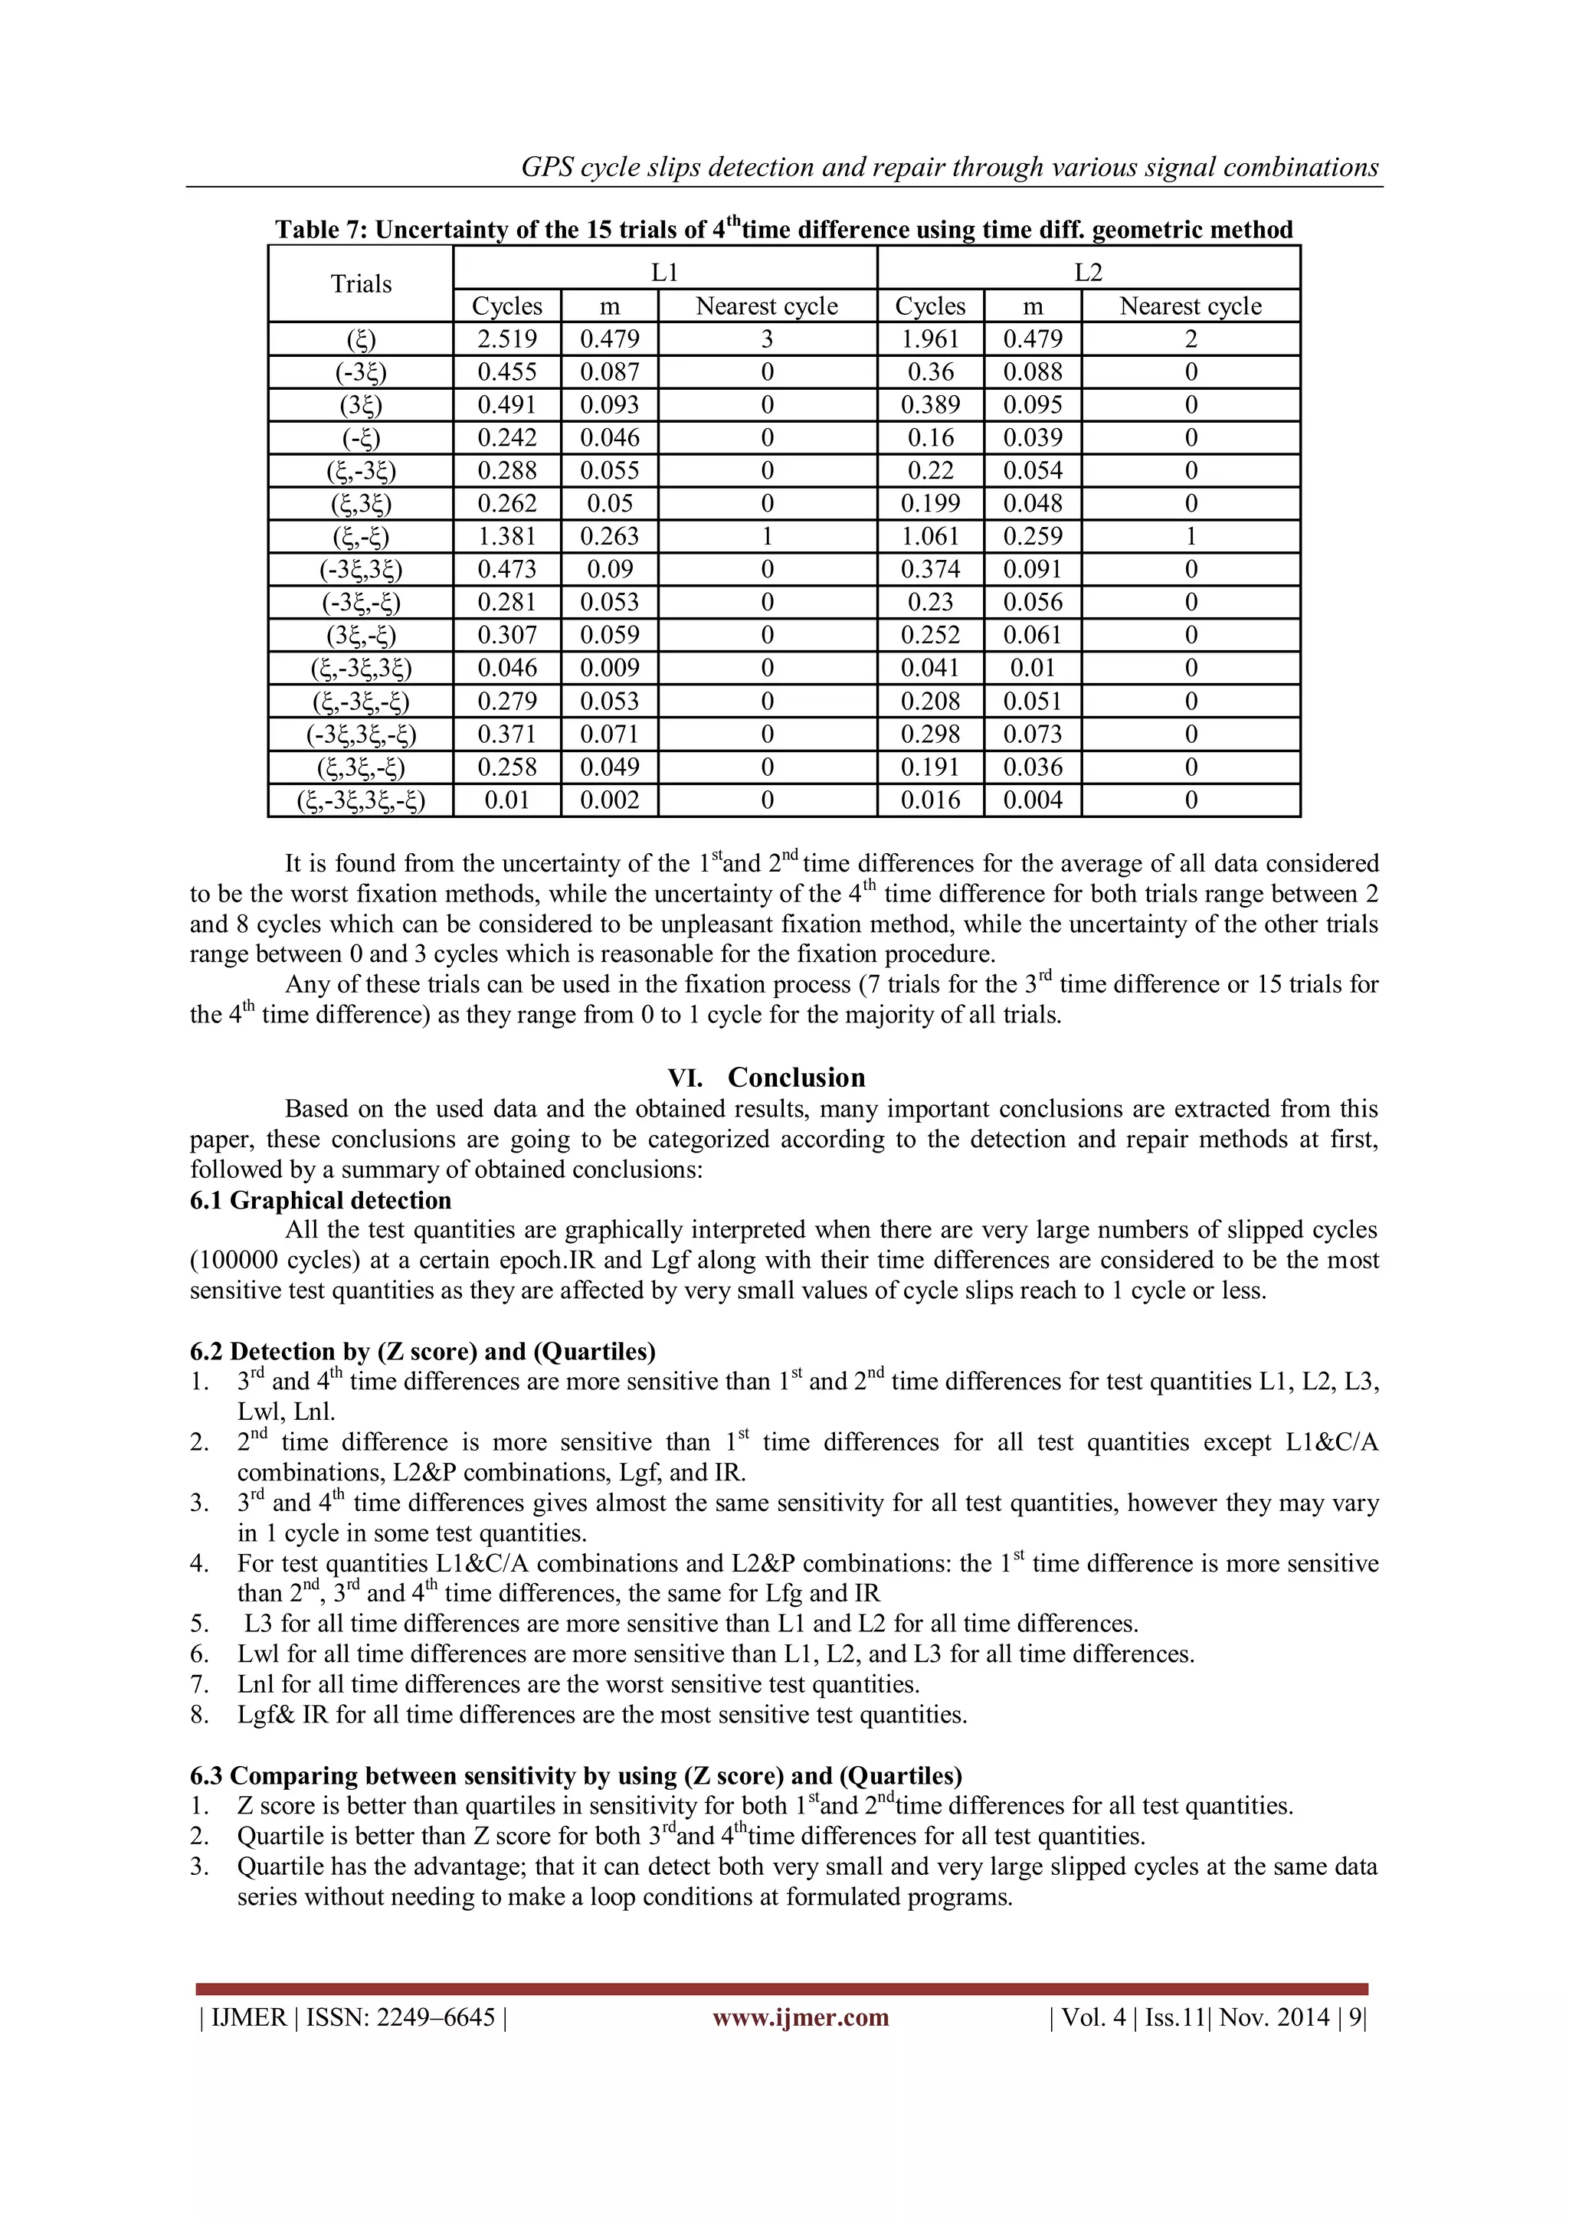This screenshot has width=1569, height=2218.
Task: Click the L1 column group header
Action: click(x=665, y=273)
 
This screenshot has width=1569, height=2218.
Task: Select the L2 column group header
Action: click(x=1088, y=273)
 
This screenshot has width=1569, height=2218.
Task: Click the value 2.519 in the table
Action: click(x=507, y=339)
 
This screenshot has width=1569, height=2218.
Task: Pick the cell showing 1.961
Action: click(x=929, y=339)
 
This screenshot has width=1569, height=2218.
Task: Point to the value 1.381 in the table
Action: click(x=507, y=536)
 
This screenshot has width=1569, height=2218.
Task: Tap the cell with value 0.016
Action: click(x=929, y=800)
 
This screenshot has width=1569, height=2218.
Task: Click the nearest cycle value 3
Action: click(x=767, y=339)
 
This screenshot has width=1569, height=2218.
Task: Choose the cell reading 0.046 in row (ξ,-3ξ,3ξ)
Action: click(x=507, y=668)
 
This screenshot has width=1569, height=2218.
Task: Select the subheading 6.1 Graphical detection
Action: click(x=321, y=1200)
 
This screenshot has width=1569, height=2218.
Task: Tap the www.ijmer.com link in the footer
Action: click(x=800, y=2017)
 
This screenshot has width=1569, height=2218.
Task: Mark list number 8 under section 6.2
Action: click(x=199, y=1715)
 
